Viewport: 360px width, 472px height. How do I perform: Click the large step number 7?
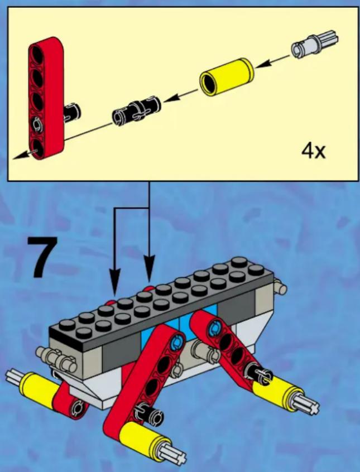pos(42,257)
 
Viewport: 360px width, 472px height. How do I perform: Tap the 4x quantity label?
pos(314,151)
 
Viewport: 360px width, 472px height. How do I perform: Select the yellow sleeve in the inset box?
pos(227,76)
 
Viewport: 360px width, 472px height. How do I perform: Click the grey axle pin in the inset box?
pos(314,44)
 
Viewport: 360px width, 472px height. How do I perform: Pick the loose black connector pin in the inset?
pos(137,110)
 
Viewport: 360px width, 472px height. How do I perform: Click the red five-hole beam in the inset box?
pos(46,98)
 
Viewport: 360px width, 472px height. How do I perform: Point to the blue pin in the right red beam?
pos(214,326)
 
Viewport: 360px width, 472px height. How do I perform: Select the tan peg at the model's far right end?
pos(280,288)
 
